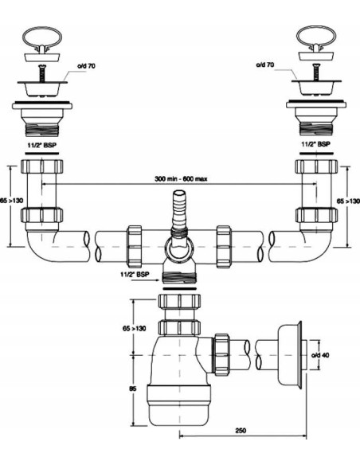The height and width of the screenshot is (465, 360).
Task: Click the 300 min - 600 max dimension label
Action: pyautogui.click(x=181, y=179)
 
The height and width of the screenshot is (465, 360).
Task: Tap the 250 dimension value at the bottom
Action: pyautogui.click(x=241, y=430)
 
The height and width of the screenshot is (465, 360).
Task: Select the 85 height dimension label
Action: pyautogui.click(x=133, y=389)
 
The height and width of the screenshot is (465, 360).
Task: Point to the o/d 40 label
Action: pyautogui.click(x=320, y=355)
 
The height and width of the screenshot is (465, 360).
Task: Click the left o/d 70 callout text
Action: pyautogui.click(x=86, y=66)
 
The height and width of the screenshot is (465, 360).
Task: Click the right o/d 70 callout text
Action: pyautogui.click(x=265, y=64)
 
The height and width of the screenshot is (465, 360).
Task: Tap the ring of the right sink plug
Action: pyautogui.click(x=316, y=37)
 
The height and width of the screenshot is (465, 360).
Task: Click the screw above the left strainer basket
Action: pyautogui.click(x=42, y=73)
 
